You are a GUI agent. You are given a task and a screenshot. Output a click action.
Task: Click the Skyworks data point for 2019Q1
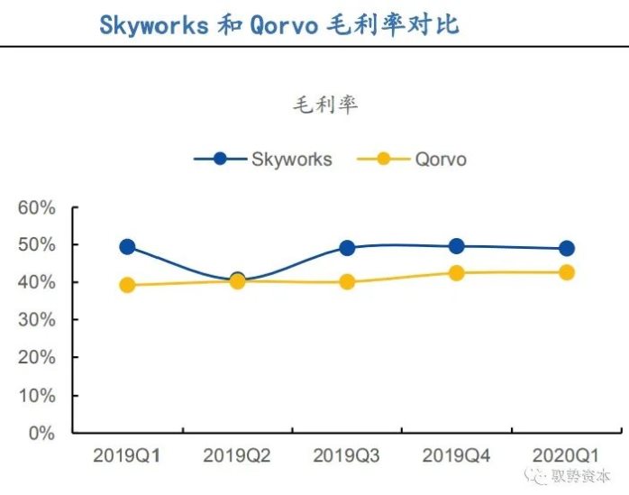pyautogui.click(x=127, y=246)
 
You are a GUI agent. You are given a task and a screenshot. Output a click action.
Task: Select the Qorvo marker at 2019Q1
pyautogui.click(x=127, y=285)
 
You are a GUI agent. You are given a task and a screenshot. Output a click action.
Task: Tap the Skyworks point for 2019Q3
pyautogui.click(x=347, y=248)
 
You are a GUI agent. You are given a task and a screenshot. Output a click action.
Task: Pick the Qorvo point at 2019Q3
pyautogui.click(x=347, y=282)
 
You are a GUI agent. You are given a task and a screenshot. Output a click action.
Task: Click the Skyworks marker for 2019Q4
pyautogui.click(x=457, y=246)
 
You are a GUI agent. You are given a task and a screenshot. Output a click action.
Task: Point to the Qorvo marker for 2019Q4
pyautogui.click(x=457, y=272)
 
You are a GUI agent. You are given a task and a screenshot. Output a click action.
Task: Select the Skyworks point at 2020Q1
pyautogui.click(x=567, y=248)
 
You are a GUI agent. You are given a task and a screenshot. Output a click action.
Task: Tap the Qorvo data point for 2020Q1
pyautogui.click(x=567, y=272)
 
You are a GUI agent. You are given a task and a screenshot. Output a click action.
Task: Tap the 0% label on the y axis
pyautogui.click(x=41, y=433)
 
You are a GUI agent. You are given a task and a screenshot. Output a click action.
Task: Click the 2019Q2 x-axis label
pyautogui.click(x=237, y=457)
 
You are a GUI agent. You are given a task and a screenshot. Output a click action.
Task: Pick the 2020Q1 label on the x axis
pyautogui.click(x=567, y=457)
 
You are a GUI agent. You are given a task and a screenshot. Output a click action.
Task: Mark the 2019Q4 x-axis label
pyautogui.click(x=457, y=457)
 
